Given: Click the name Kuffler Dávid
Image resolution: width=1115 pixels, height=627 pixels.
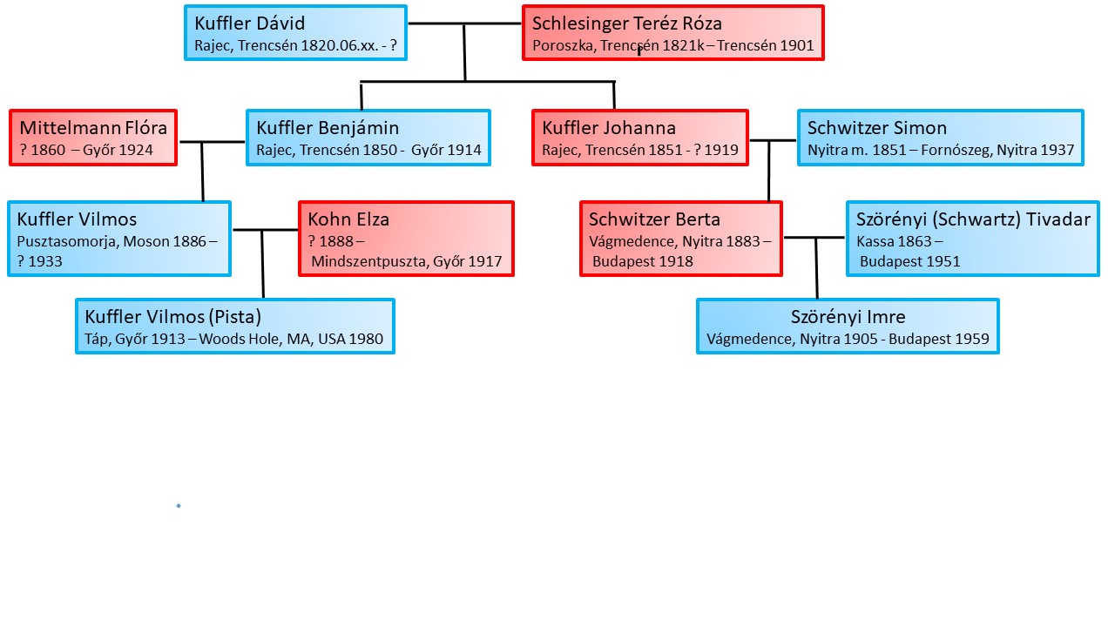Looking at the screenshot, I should coord(250,24).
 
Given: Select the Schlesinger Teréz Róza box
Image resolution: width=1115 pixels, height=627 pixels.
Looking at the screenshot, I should coord(672,33).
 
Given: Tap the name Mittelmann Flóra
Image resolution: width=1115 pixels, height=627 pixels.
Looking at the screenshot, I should coord(93,128).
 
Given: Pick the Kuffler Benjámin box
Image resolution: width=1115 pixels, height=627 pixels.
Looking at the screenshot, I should coord(368,138).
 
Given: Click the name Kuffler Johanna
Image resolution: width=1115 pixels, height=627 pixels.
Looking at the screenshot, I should coord(609,128).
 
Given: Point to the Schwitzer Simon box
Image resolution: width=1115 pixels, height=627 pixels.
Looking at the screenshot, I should coord(940,138).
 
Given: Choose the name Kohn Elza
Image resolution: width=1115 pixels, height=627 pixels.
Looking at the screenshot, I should coord(348,219).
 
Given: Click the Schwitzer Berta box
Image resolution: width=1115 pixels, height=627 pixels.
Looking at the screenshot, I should coord(681,239).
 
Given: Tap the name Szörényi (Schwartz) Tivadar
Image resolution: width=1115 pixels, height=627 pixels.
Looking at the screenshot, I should coord(973,219).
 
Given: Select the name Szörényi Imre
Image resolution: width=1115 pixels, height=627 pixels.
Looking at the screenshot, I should coord(848,317).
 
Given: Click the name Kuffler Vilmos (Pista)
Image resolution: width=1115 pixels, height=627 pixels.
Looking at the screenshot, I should coord(173,317).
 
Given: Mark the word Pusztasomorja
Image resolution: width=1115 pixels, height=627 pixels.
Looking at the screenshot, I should coord(66,241).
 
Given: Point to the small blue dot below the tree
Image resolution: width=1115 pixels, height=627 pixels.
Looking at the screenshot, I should coord(179,506).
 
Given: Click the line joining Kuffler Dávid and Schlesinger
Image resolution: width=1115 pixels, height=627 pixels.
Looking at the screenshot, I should coord(464,24).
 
